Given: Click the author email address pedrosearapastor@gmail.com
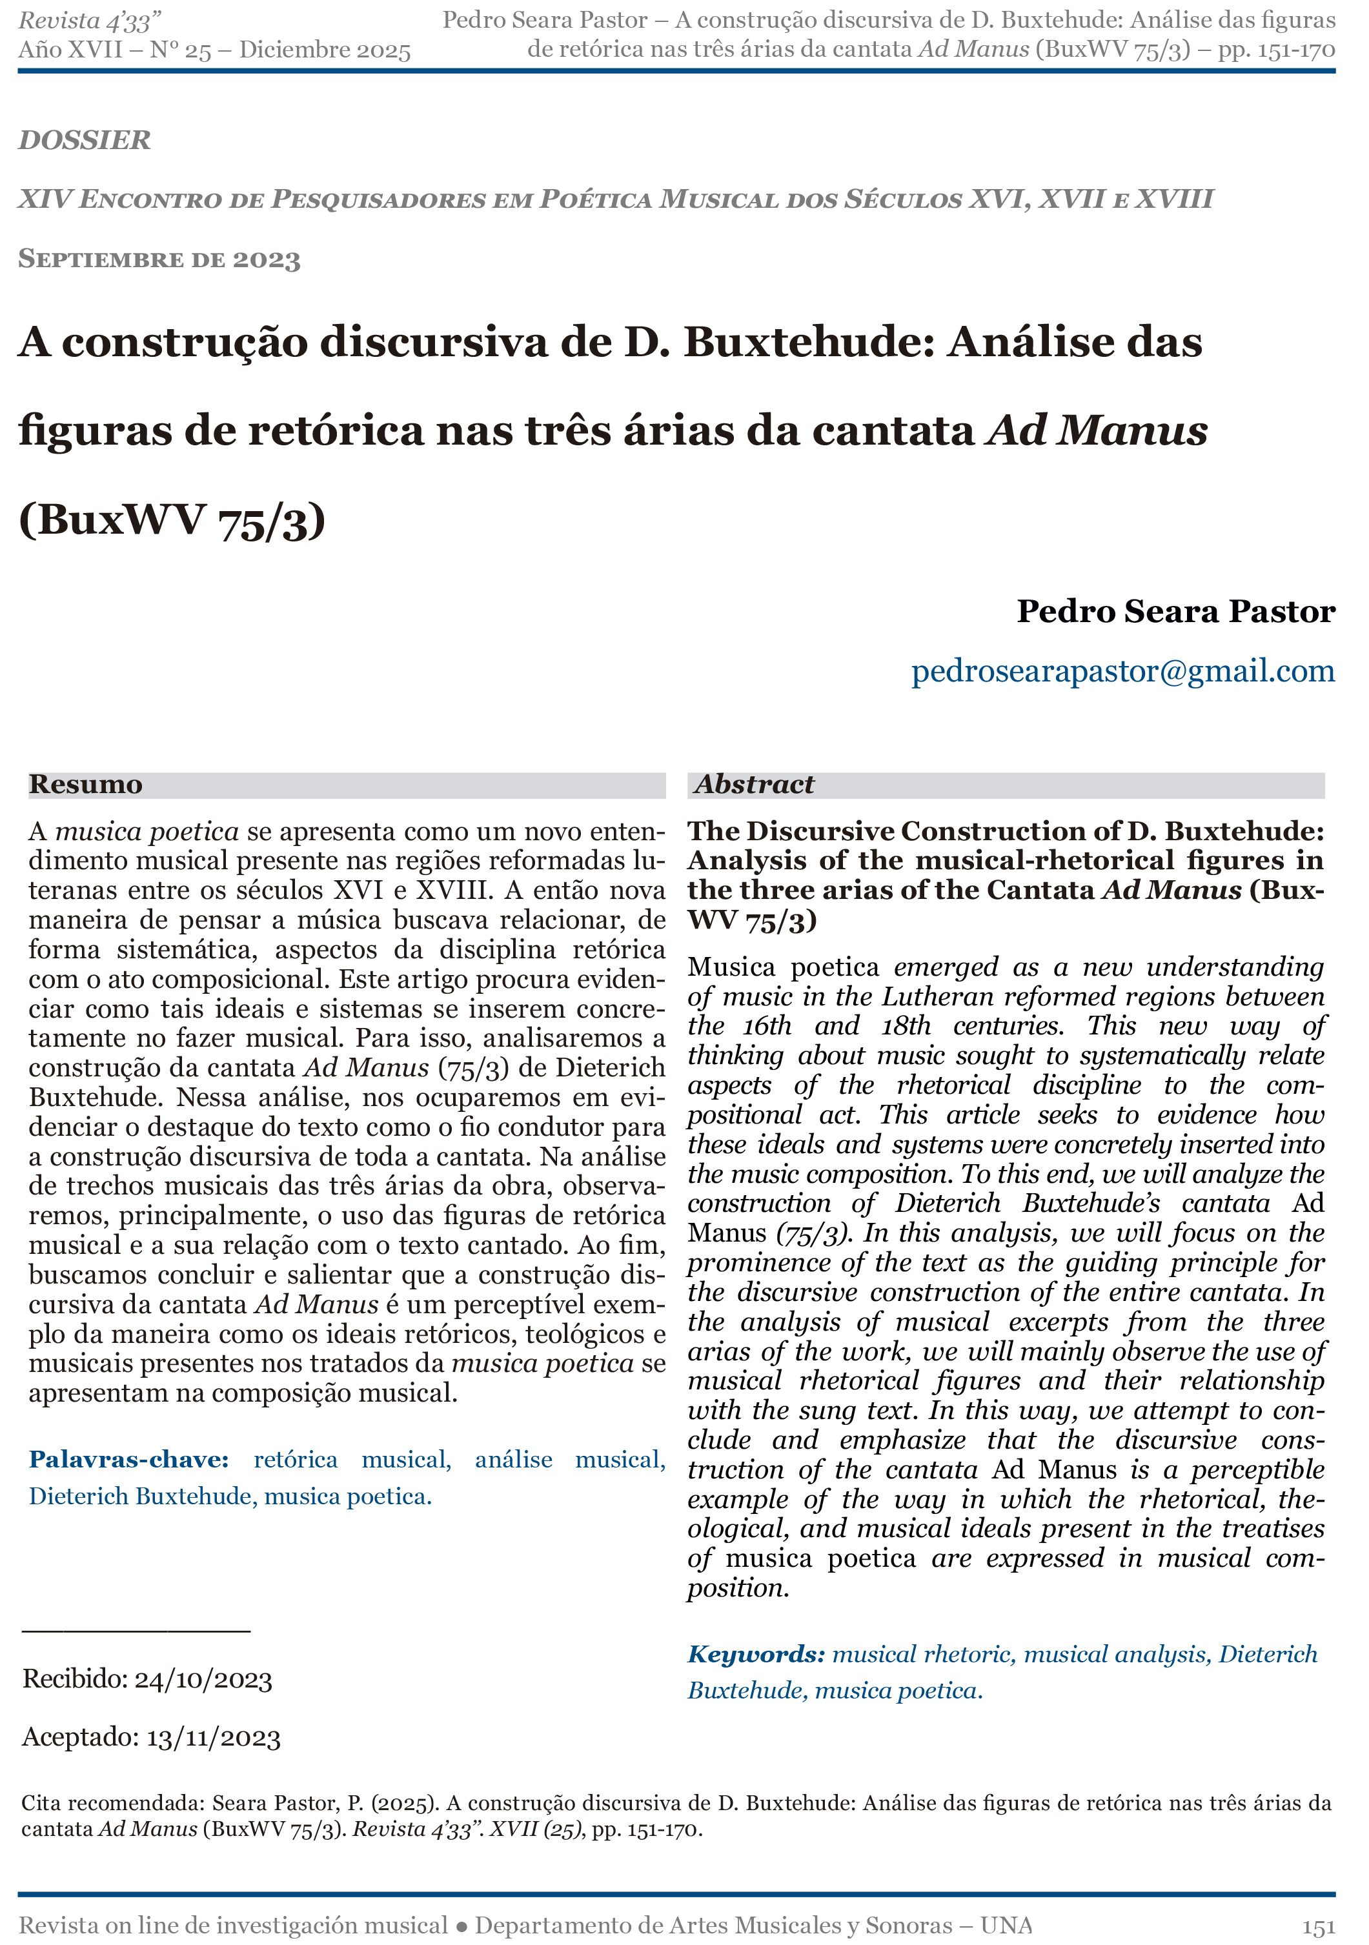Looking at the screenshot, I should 1122,671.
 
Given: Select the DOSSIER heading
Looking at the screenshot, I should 85,140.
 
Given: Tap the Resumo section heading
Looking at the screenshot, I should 86,785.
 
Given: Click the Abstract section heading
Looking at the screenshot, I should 754,785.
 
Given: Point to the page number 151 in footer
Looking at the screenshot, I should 1318,1926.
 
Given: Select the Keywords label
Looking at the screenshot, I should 756,1655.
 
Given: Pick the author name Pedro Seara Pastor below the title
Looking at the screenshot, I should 1176,610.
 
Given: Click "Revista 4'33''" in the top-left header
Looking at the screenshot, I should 90,21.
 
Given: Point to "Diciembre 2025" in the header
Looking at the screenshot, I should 325,50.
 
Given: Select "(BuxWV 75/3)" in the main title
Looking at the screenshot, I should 172,519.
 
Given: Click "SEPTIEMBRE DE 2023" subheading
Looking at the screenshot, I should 159,259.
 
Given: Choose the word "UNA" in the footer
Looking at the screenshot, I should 1006,1926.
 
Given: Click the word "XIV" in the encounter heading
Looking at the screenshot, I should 43,199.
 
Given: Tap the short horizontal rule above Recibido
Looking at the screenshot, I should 136,1630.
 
